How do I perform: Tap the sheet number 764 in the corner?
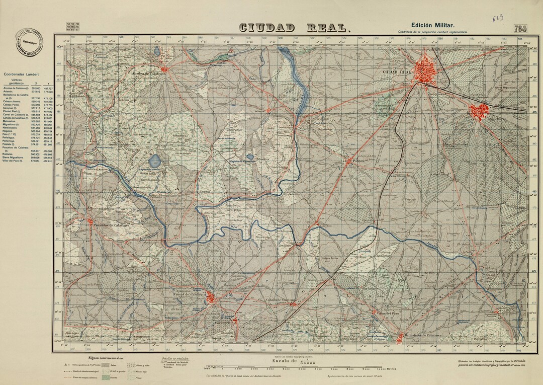[x=520, y=29]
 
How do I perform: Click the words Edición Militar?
[x=432, y=25]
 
